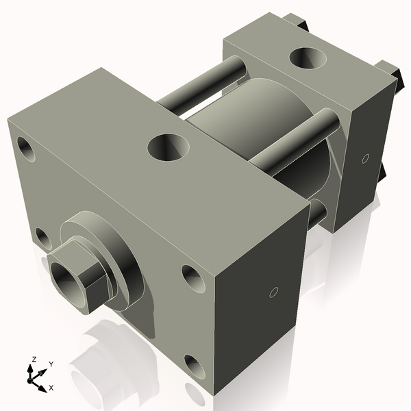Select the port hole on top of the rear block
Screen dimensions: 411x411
click(307, 58)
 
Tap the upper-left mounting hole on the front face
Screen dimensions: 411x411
click(26, 149)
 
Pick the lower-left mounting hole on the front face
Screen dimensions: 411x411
click(43, 238)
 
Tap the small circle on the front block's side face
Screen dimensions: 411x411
click(273, 292)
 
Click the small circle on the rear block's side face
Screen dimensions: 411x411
click(365, 158)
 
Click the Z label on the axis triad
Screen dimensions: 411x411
click(34, 359)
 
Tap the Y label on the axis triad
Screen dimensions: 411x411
click(51, 364)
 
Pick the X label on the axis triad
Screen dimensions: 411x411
click(51, 388)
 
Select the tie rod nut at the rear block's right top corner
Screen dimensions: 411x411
click(390, 71)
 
